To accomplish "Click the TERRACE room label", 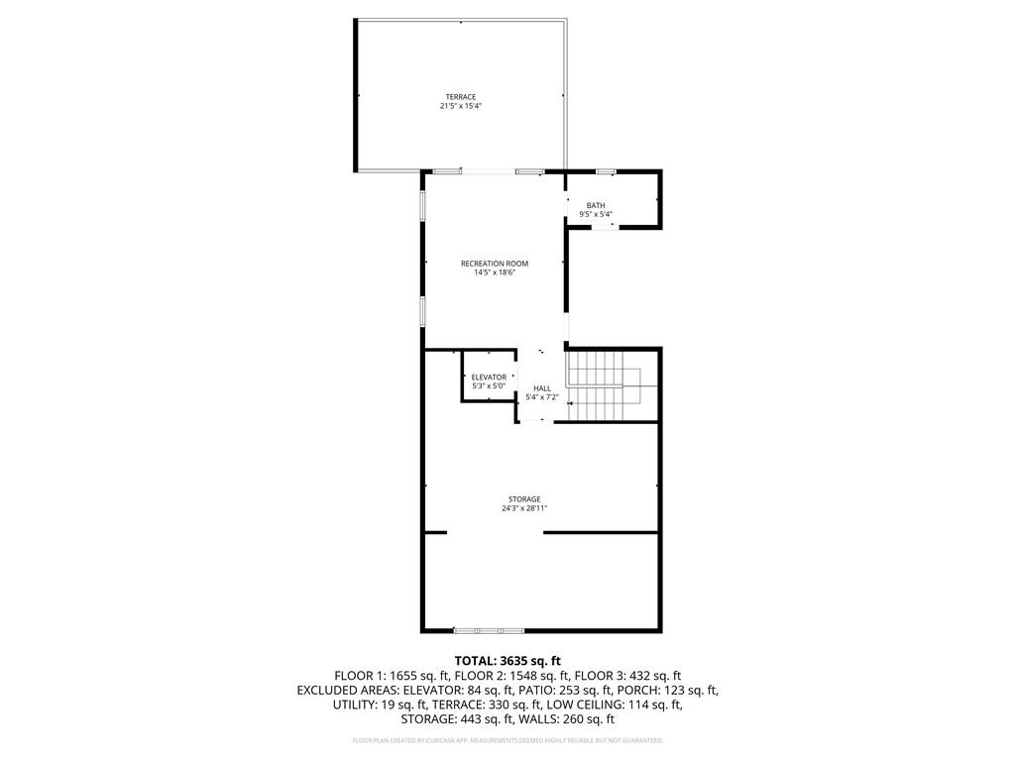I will pyautogui.click(x=460, y=97).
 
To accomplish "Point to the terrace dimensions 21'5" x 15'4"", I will pyautogui.click(x=460, y=106).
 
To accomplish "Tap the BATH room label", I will pyautogui.click(x=595, y=205).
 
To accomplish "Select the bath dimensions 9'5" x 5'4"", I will pyautogui.click(x=595, y=214).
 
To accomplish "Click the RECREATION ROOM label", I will pyautogui.click(x=495, y=264).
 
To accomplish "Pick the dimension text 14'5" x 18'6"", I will pyautogui.click(x=495, y=272).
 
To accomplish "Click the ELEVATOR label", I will pyautogui.click(x=489, y=377).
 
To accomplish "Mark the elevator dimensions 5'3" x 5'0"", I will pyautogui.click(x=489, y=385).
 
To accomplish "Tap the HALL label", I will pyautogui.click(x=542, y=388).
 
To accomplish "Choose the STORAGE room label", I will pyautogui.click(x=524, y=499).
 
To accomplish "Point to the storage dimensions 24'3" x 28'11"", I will pyautogui.click(x=524, y=508).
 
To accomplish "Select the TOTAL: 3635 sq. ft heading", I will pyautogui.click(x=507, y=660).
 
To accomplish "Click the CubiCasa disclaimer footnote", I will pyautogui.click(x=507, y=740).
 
